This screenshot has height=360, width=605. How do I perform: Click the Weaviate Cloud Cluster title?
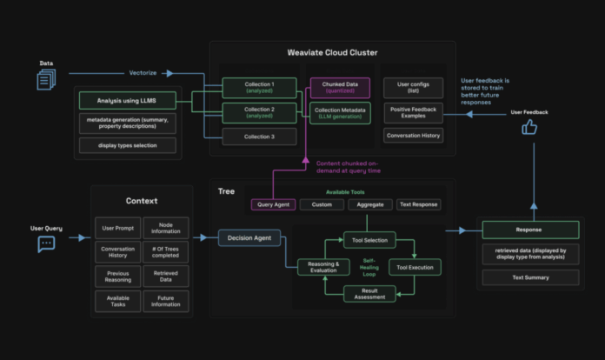[333, 52]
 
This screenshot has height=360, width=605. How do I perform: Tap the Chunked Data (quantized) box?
[340, 87]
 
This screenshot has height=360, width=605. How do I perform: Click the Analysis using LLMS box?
[128, 101]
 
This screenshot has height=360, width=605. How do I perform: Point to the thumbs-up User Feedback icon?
[529, 129]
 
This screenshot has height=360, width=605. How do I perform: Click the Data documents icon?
[46, 80]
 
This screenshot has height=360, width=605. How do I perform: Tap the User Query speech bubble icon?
[46, 244]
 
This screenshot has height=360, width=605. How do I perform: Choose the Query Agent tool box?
[274, 204]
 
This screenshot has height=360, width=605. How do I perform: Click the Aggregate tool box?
[369, 204]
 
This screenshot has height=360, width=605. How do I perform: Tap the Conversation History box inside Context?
[116, 252]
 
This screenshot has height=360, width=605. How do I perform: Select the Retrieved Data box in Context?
[165, 277]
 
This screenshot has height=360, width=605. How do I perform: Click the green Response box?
[530, 230]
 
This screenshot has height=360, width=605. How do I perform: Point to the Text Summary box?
[530, 278]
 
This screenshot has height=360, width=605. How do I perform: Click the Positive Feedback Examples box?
[413, 112]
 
